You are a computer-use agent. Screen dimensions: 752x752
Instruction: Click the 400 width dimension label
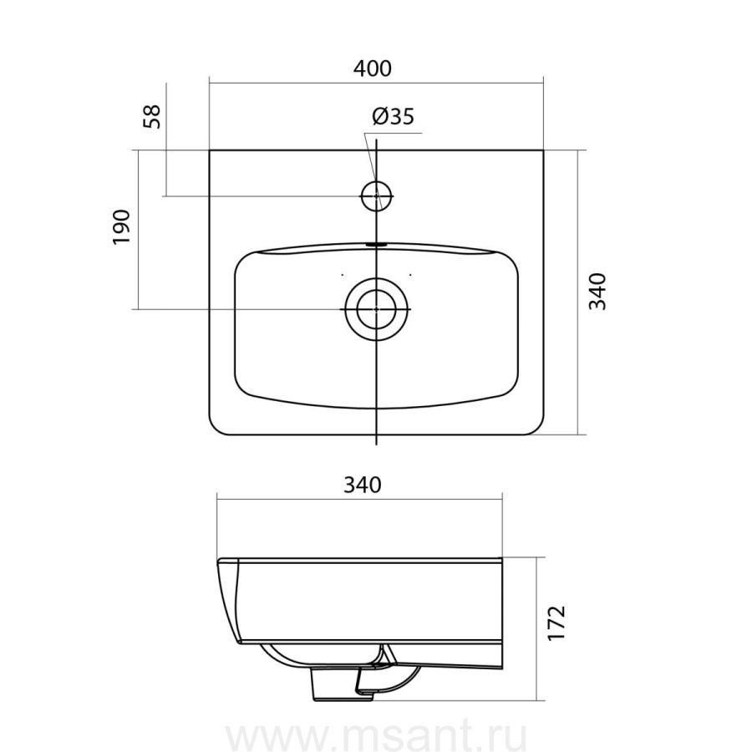(x=372, y=69)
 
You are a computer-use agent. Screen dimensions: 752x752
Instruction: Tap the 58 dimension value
(x=152, y=116)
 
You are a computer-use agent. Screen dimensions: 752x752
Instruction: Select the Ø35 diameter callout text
(x=393, y=116)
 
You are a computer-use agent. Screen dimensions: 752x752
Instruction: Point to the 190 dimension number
(x=121, y=226)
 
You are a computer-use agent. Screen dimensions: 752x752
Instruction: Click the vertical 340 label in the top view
(x=597, y=292)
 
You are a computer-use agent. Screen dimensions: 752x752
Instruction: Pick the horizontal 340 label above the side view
(x=363, y=485)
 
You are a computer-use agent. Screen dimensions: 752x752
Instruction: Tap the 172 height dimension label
(x=556, y=623)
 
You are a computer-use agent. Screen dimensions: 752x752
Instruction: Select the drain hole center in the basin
(x=377, y=309)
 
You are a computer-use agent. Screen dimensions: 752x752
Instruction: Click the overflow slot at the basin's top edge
(x=377, y=244)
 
